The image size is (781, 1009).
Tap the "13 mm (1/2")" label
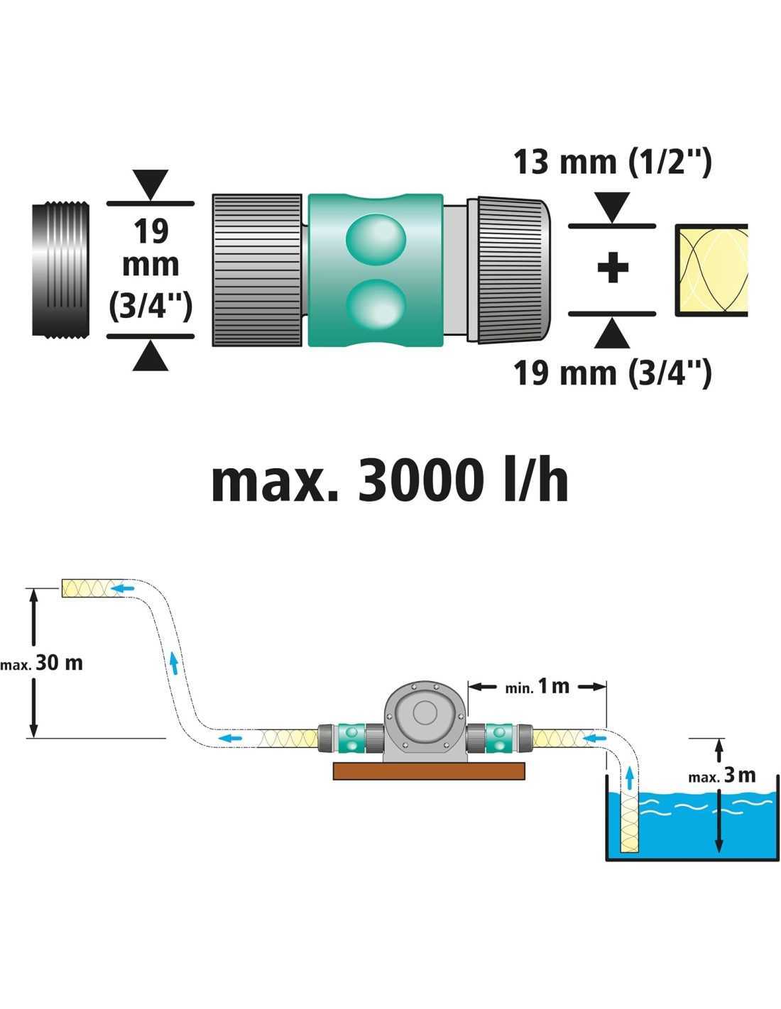click(x=612, y=162)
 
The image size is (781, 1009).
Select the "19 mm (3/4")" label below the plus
click(x=612, y=372)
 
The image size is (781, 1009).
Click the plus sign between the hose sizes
click(x=612, y=269)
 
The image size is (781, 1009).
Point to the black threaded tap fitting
click(x=62, y=270)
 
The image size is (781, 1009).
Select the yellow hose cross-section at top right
click(x=711, y=270)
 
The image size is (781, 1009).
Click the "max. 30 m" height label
click(x=42, y=663)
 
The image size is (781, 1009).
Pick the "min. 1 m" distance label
click(x=537, y=686)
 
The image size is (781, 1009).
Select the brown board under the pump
click(x=430, y=771)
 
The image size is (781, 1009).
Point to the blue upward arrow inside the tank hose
click(x=629, y=778)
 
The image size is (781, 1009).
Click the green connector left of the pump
click(x=351, y=738)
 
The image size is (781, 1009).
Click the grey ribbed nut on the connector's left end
click(x=257, y=270)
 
